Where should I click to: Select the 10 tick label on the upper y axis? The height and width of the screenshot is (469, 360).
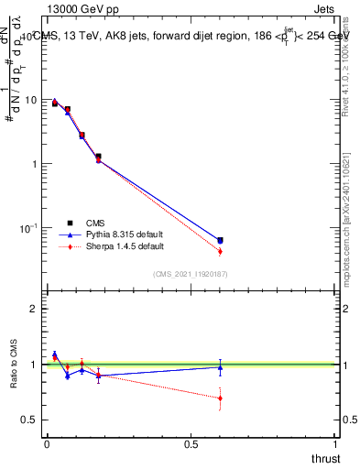(30, 100)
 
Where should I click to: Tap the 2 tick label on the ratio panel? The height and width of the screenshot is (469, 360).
(34, 309)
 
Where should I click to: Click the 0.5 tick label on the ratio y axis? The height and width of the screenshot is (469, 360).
(29, 420)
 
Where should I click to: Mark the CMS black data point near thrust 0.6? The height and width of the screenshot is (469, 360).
(220, 240)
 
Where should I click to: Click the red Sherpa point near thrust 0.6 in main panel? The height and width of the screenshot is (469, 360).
(220, 251)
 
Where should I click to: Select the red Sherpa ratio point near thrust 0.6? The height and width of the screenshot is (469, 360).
(220, 398)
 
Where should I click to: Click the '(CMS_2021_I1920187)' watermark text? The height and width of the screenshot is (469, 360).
(190, 273)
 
